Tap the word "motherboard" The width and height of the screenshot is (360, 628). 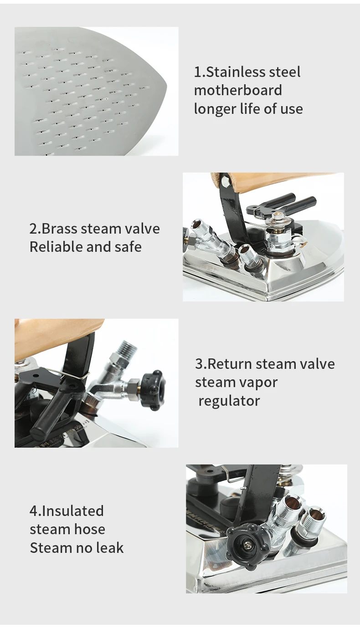click(x=238, y=90)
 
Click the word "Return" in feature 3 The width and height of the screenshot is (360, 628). click(x=230, y=364)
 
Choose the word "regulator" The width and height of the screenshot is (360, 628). click(x=229, y=401)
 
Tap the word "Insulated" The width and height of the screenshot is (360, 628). click(x=73, y=511)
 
